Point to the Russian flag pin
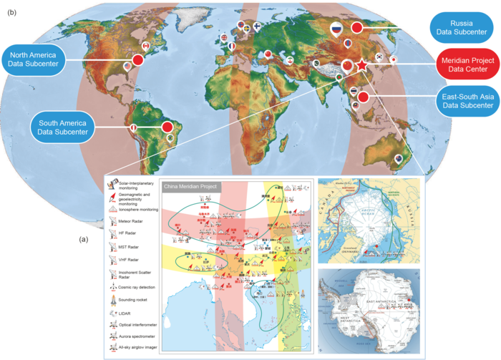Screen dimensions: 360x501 point(336,29)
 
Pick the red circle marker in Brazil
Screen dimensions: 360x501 point(167,127)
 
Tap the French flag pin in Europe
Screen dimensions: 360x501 point(230,46)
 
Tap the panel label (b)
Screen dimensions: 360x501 point(11,10)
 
